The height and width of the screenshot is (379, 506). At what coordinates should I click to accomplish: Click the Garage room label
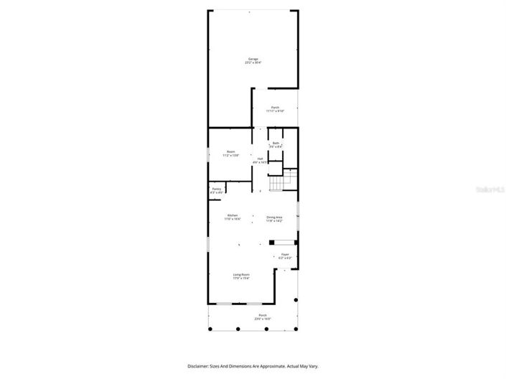tap(253, 59)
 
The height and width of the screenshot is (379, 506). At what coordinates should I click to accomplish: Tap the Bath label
tap(276, 144)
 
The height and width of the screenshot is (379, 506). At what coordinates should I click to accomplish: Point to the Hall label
tap(260, 159)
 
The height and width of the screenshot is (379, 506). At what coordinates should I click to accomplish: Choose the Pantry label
tap(216, 189)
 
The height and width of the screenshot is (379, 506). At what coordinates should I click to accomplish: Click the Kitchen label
tap(233, 215)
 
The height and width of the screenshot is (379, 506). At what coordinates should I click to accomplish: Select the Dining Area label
tap(274, 217)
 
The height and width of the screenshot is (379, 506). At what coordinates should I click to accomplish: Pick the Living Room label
tap(240, 275)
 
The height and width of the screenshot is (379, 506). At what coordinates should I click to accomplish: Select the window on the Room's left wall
tap(208, 154)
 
